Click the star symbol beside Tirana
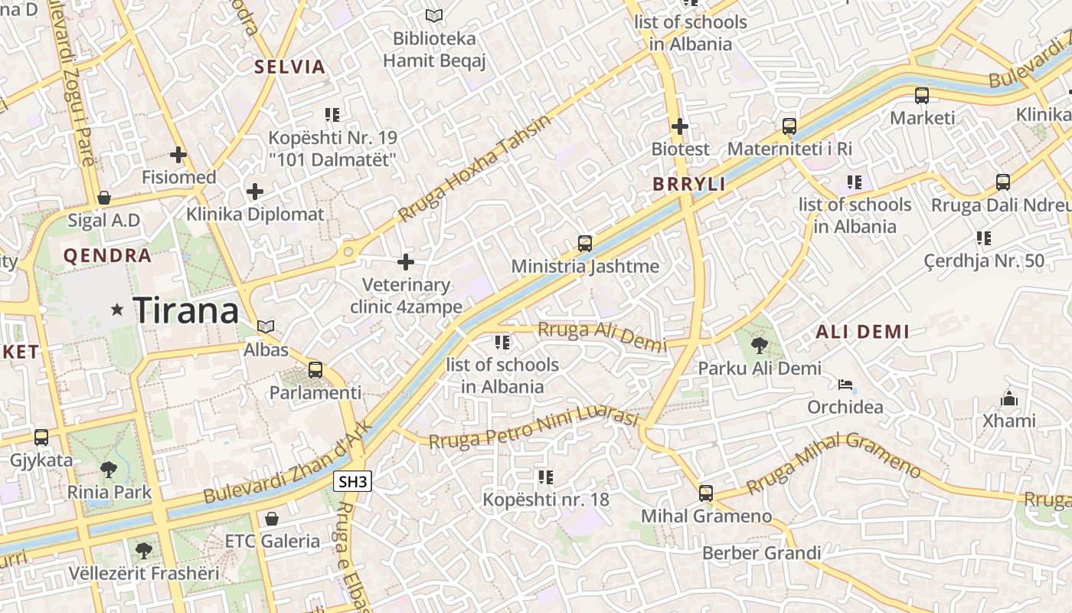pos(117,310)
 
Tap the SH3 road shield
pos(353,481)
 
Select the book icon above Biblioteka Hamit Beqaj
pos(434,15)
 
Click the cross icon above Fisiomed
pos(178,155)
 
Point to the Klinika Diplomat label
pos(256,215)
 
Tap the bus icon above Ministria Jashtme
pos(585,244)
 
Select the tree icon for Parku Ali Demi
pos(759,346)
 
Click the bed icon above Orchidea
pos(845,384)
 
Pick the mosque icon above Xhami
pos(1009,398)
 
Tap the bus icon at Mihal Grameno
pos(706,493)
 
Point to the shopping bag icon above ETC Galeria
pos(272,519)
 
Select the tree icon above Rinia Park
pos(109,469)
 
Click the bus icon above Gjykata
pos(41,438)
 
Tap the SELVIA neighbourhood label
pos(290,67)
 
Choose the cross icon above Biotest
pos(679,126)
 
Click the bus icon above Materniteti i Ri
pos(789,126)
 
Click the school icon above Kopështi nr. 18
pos(545,477)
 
